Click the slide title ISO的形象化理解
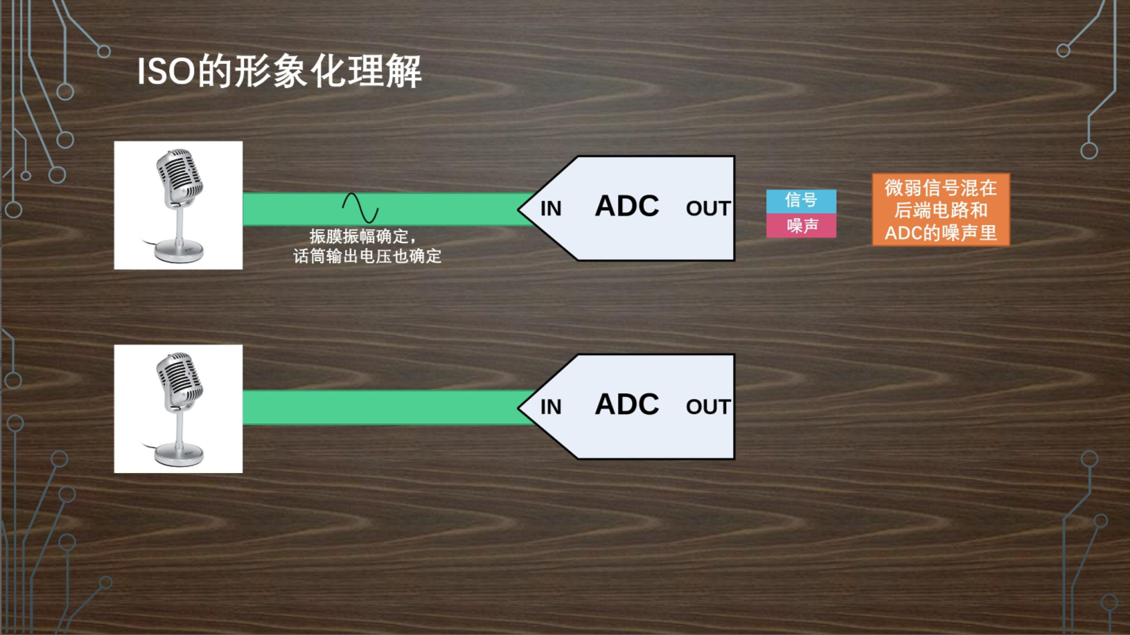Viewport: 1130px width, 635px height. pyautogui.click(x=279, y=71)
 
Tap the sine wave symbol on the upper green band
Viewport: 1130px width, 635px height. pyautogui.click(x=360, y=208)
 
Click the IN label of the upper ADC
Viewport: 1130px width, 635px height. pyautogui.click(x=551, y=208)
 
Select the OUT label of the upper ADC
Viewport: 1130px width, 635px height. pyautogui.click(x=707, y=208)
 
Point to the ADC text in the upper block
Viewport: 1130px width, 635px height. pyautogui.click(x=627, y=206)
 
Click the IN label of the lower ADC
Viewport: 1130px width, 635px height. pyautogui.click(x=551, y=407)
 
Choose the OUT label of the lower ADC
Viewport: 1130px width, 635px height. pyautogui.click(x=707, y=407)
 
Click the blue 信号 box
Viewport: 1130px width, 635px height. pyautogui.click(x=801, y=200)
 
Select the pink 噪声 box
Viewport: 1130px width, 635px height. pyautogui.click(x=801, y=226)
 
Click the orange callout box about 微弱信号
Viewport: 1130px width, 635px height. pyautogui.click(x=940, y=210)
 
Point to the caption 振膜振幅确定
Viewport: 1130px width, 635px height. pyautogui.click(x=362, y=236)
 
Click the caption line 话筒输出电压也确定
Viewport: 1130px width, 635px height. pyautogui.click(x=367, y=256)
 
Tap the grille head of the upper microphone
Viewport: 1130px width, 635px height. pyautogui.click(x=179, y=173)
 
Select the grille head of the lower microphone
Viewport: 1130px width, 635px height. pyautogui.click(x=179, y=377)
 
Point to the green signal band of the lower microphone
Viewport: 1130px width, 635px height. pyautogui.click(x=381, y=407)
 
